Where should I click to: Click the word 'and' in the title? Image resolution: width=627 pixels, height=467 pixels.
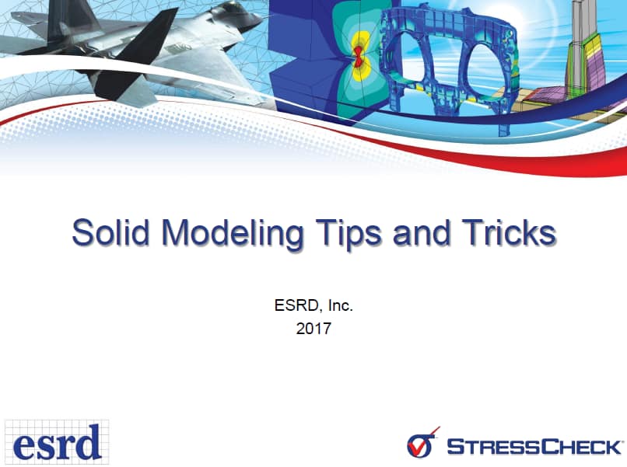click(x=421, y=233)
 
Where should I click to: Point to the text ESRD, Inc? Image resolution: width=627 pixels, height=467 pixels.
click(x=313, y=306)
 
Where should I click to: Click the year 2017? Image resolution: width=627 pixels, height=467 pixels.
click(x=313, y=329)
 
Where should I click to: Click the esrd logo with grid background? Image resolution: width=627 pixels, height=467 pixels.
click(x=56, y=441)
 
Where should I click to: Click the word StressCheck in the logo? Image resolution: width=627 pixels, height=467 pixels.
click(x=534, y=447)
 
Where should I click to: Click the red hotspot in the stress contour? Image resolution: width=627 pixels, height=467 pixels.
click(x=358, y=55)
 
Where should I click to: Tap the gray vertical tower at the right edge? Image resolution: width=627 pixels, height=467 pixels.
click(x=580, y=31)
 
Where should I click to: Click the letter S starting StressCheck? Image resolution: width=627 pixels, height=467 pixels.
click(x=455, y=447)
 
